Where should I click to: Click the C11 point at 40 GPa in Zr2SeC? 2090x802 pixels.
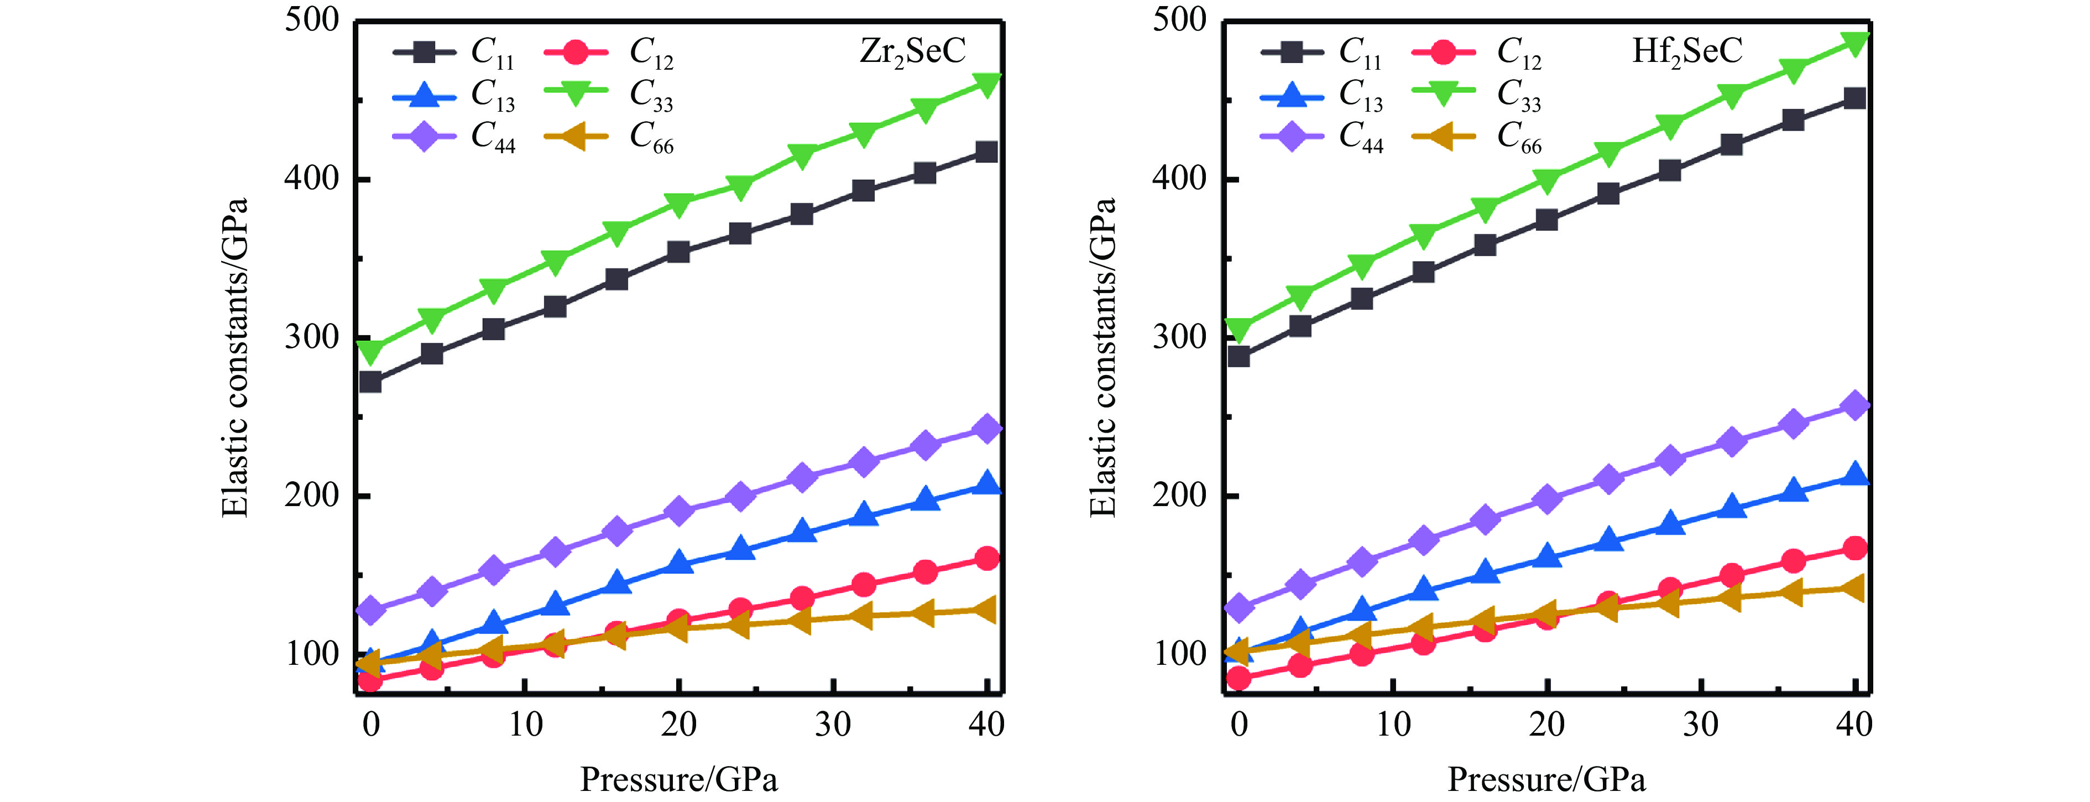[986, 152]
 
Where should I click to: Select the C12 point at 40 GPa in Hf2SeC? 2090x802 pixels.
[1854, 549]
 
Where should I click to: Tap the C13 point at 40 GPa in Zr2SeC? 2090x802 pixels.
[986, 485]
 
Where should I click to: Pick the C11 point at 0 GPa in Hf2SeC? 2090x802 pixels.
[1239, 356]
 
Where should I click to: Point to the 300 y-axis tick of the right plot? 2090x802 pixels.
[1180, 337]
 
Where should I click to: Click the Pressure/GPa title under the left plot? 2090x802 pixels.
[678, 780]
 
